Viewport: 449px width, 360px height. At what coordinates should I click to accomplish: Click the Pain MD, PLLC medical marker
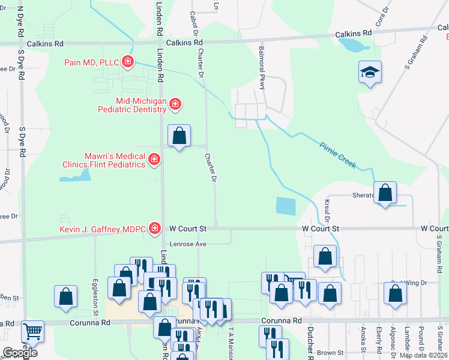click(127, 61)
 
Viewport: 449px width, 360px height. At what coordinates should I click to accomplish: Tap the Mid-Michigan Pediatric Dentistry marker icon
click(175, 104)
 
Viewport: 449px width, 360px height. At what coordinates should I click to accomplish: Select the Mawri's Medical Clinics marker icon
click(154, 159)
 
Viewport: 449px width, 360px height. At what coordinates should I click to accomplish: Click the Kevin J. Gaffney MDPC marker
click(155, 228)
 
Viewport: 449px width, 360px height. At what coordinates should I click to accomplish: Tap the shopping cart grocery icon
click(32, 331)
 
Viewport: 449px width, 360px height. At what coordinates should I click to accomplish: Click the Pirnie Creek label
click(339, 155)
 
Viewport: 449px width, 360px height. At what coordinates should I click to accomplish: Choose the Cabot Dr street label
click(193, 22)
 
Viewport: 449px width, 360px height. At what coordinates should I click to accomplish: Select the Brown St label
click(331, 353)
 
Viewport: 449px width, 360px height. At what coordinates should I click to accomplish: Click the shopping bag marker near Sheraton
click(385, 193)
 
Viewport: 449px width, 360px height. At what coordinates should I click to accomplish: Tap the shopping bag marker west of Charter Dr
click(179, 136)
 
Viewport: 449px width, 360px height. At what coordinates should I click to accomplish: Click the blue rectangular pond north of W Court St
click(286, 206)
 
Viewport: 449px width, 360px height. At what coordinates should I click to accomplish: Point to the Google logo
click(20, 353)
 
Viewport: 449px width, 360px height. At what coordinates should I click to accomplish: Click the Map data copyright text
click(423, 355)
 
